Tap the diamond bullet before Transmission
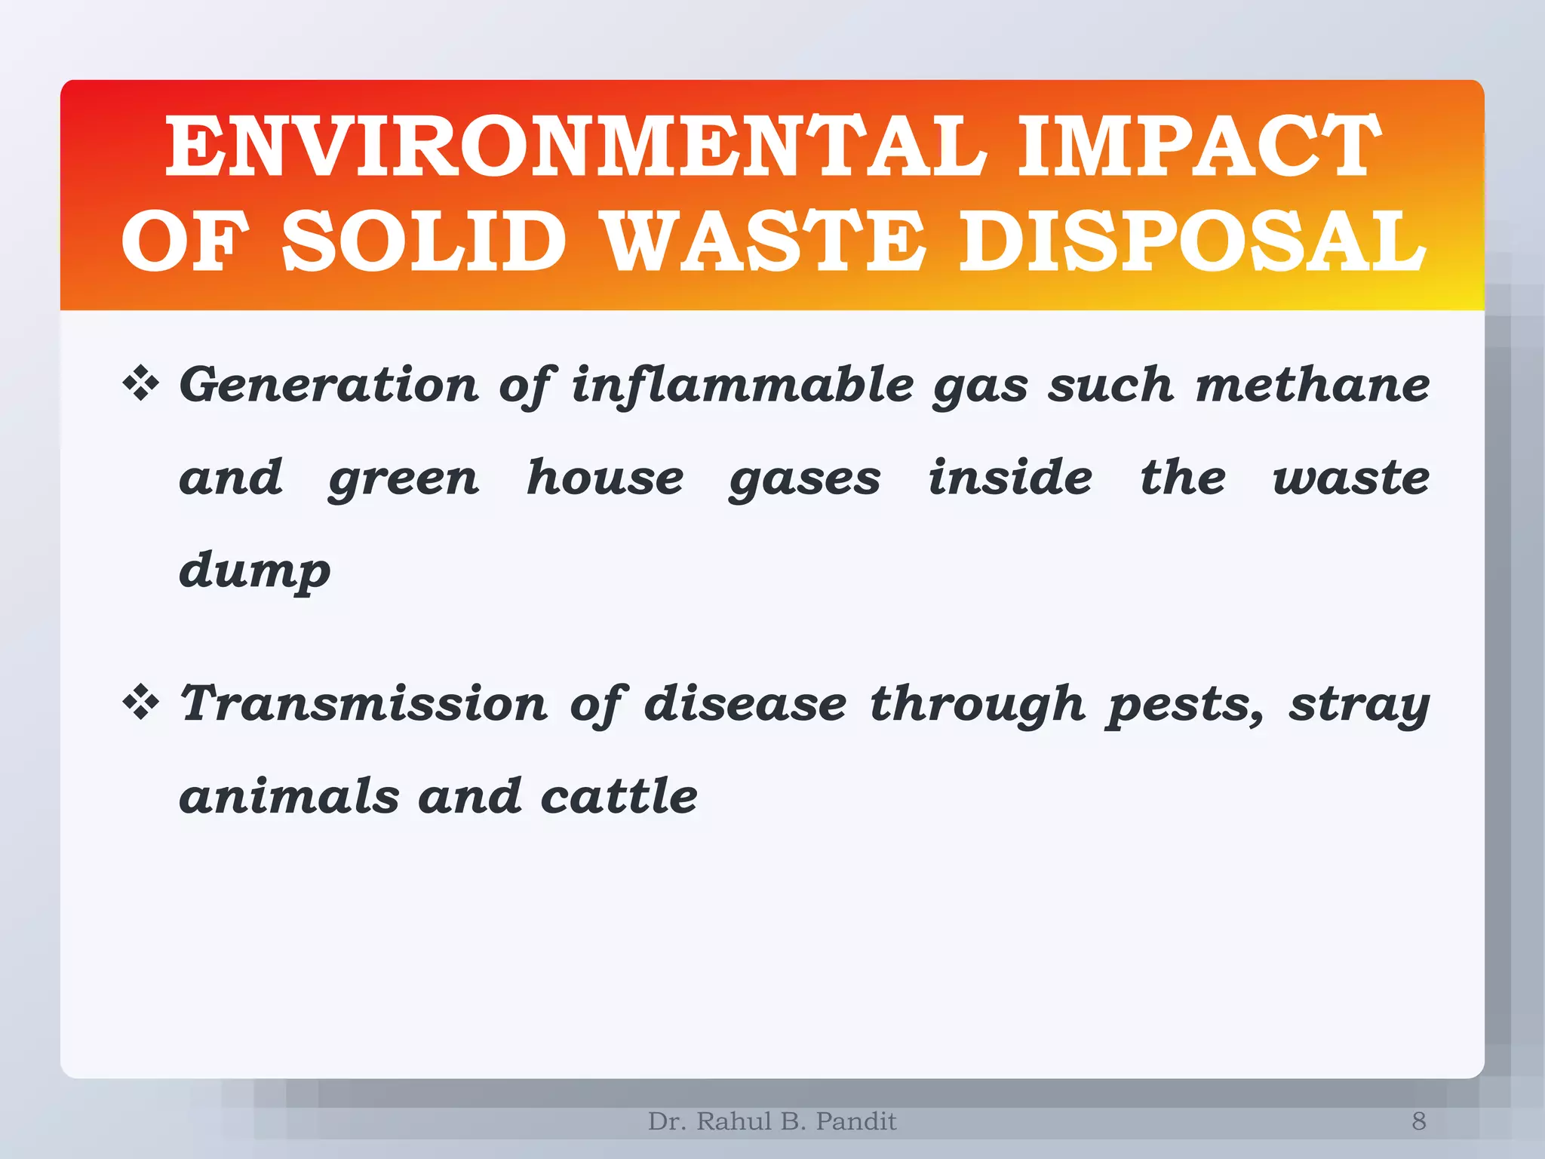pos(141,704)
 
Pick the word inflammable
pos(742,386)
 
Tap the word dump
pos(255,572)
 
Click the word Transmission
pos(364,704)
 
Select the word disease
pos(745,704)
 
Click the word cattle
pos(619,796)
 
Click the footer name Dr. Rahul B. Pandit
pos(772,1121)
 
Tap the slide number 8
pos(1418,1121)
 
